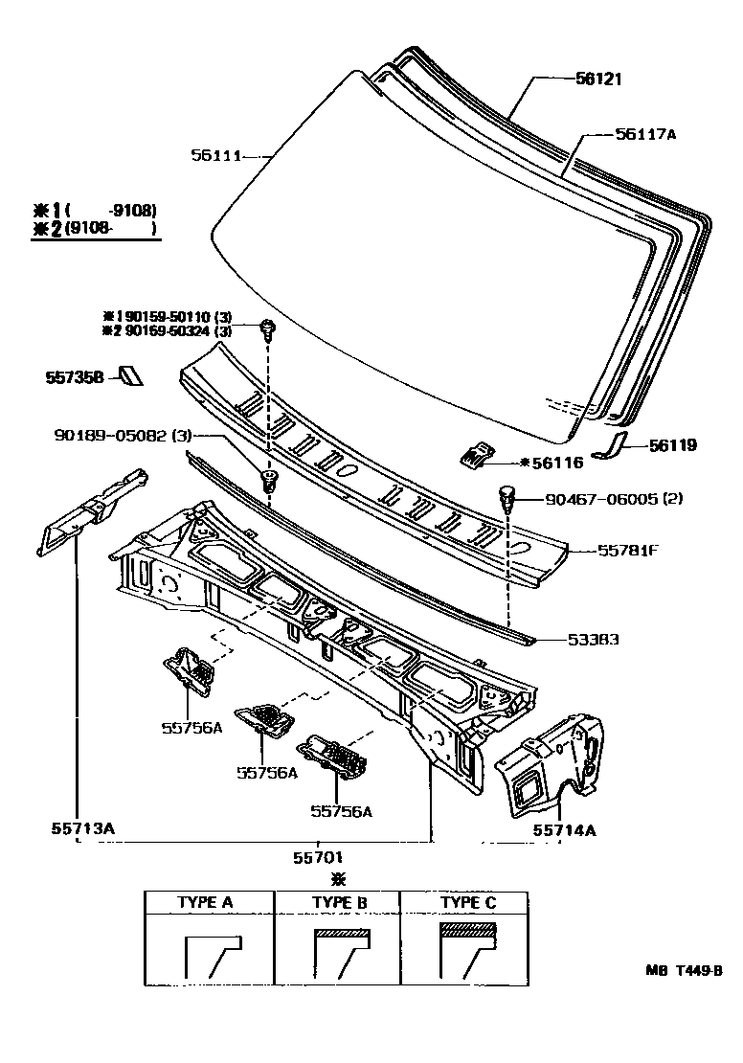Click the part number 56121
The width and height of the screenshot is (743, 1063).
[599, 79]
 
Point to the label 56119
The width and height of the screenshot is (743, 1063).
[672, 445]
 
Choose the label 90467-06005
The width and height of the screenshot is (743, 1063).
[605, 499]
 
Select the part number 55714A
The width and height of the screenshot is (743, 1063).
[564, 829]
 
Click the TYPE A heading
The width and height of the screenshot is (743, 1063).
[205, 902]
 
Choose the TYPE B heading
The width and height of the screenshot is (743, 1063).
[340, 902]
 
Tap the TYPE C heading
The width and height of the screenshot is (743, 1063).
[468, 902]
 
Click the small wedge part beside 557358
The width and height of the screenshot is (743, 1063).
[129, 374]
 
